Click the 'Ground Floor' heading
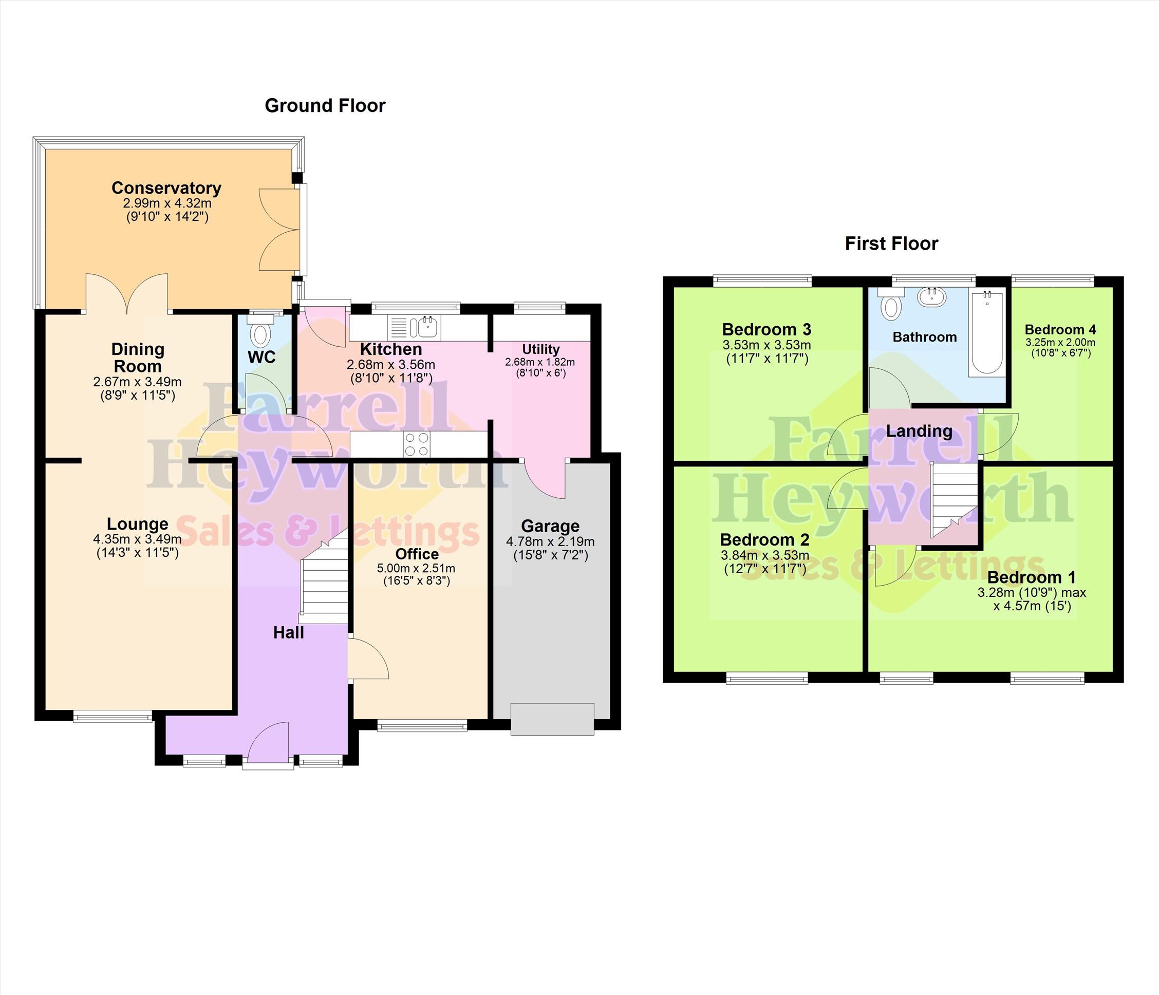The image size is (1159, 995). [x=325, y=106]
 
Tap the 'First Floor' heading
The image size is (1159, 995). [x=891, y=244]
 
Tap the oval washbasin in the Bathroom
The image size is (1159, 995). [x=932, y=296]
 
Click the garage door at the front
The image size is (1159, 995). [x=552, y=719]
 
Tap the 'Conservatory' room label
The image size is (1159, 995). [x=166, y=189]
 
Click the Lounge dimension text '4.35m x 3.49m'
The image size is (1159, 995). [x=137, y=540]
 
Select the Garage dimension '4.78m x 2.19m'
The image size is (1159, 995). [x=550, y=542]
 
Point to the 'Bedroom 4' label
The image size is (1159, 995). [x=1060, y=330]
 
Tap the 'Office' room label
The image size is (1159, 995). [x=417, y=554]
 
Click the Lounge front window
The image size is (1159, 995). [x=113, y=717]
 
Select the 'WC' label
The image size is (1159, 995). [x=262, y=358]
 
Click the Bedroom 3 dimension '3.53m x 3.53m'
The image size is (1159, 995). [x=767, y=346]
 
